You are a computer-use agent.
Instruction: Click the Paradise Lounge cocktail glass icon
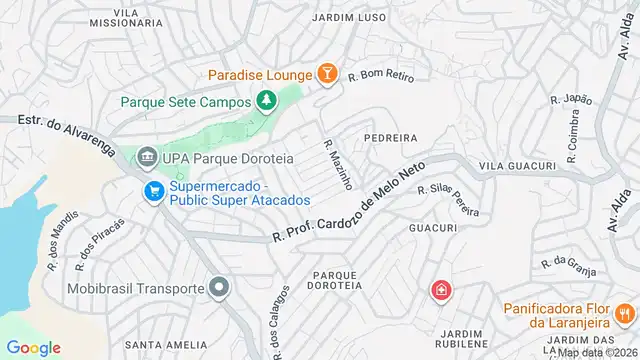[326, 73]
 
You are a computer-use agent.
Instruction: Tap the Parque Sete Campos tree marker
[266, 100]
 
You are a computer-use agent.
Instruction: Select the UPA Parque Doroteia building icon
[148, 157]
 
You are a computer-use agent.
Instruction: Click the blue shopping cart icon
[153, 190]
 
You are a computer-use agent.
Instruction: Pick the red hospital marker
[439, 291]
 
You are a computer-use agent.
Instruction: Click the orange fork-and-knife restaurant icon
[625, 314]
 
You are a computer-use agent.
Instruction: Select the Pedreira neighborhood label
[390, 136]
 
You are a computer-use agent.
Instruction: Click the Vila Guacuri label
[517, 165]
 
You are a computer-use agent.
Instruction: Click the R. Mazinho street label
[336, 165]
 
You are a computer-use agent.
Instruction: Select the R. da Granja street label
[568, 265]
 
